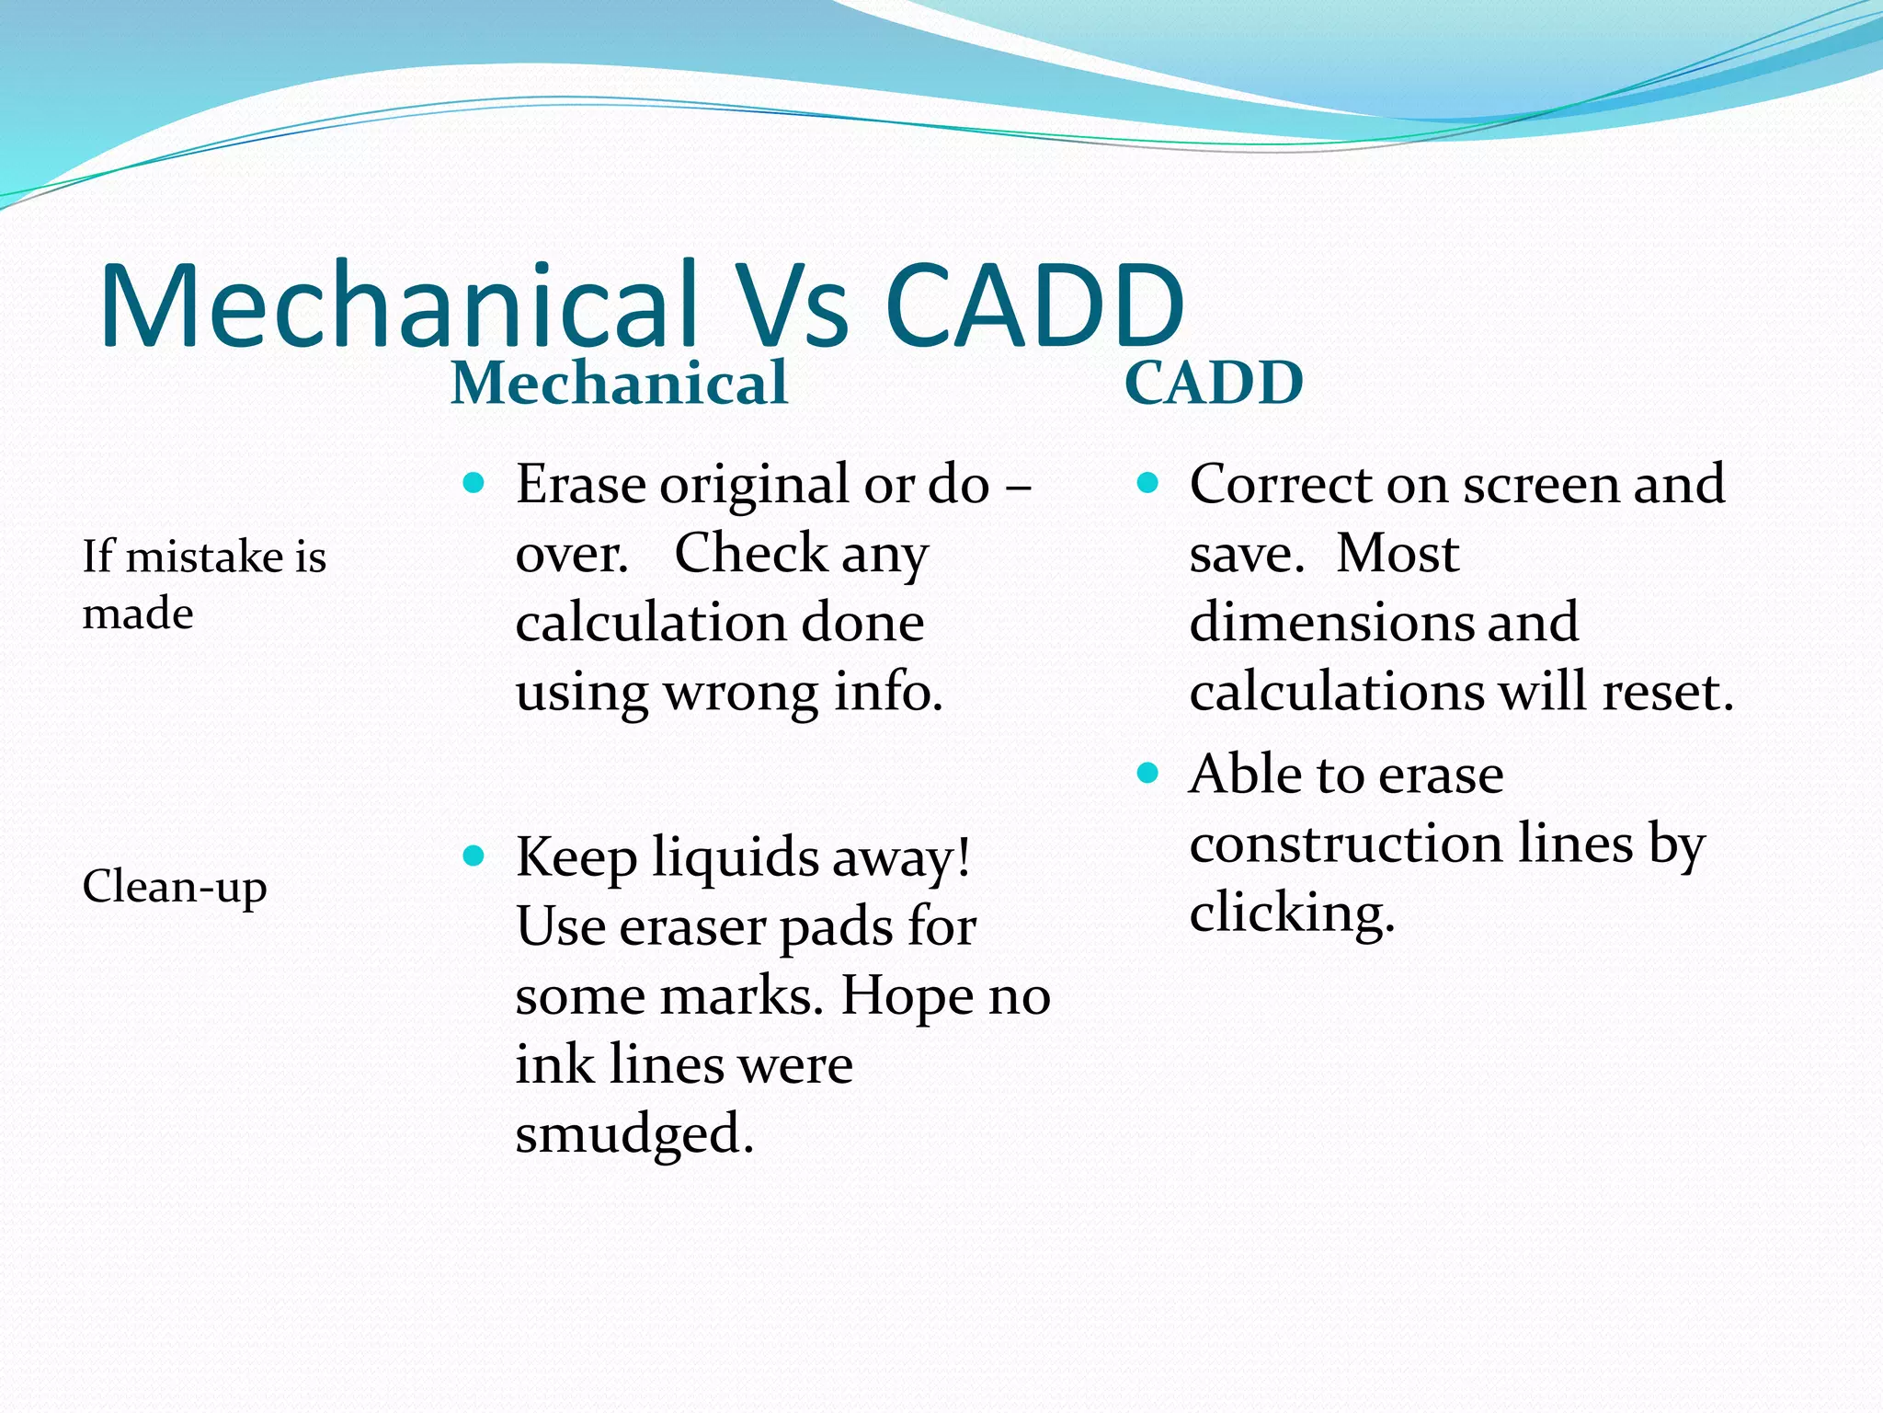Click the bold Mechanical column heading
(x=619, y=384)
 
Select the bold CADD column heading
(x=1214, y=384)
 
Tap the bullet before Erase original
(x=474, y=483)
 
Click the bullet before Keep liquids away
(x=474, y=856)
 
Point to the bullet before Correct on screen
(x=1147, y=483)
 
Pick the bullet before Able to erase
(x=1147, y=773)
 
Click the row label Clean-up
(x=175, y=887)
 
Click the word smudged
(x=633, y=1134)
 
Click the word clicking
(x=1292, y=913)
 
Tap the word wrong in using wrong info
(x=740, y=692)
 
